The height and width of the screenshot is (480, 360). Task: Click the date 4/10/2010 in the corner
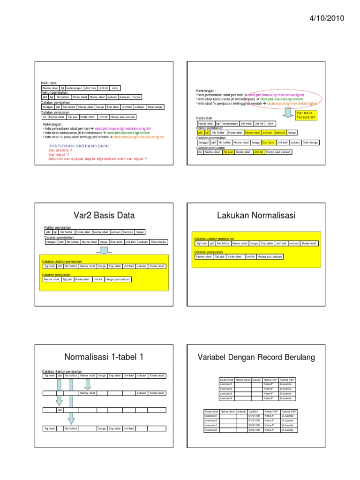[326, 19]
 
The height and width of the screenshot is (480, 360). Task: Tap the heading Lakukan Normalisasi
[256, 216]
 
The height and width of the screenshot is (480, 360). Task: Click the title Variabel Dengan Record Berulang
[256, 358]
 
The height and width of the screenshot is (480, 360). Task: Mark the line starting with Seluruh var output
[97, 158]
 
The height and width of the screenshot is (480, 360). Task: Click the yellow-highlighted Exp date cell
[268, 142]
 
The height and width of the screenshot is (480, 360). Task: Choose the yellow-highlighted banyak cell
[280, 133]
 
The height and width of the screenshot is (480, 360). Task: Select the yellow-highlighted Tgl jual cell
[228, 152]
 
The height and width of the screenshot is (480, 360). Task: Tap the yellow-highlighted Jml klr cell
[258, 152]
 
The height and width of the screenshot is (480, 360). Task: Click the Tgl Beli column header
[254, 412]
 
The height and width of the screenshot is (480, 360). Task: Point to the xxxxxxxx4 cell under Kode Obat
[226, 398]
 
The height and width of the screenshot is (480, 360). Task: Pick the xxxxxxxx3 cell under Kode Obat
[226, 394]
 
